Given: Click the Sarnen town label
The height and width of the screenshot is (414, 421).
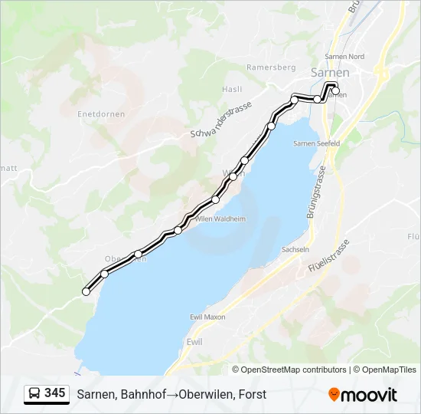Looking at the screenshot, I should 330,72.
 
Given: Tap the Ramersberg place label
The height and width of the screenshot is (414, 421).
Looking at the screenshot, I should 271,67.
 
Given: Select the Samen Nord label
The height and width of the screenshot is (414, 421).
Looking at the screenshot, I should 344,56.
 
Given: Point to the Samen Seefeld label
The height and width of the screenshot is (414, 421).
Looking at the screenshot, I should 316,143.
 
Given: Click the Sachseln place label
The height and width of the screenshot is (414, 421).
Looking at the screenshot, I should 295,250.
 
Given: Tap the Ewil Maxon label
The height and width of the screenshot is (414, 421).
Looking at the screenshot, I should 207,317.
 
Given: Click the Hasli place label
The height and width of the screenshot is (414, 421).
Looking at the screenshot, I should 232,89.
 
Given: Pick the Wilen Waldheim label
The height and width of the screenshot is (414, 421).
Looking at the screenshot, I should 220,219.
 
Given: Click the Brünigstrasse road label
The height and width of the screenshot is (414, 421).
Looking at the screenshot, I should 316,192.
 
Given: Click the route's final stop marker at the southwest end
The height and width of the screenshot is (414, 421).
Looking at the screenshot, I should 86,291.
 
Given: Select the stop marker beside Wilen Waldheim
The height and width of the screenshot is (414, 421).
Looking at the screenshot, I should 178,229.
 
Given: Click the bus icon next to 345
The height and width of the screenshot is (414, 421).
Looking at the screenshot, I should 35,394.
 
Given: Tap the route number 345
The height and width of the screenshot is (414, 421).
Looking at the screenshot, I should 55,393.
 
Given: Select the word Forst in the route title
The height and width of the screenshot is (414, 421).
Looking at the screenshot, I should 252,394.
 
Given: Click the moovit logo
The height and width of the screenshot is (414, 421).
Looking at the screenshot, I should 363,395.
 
